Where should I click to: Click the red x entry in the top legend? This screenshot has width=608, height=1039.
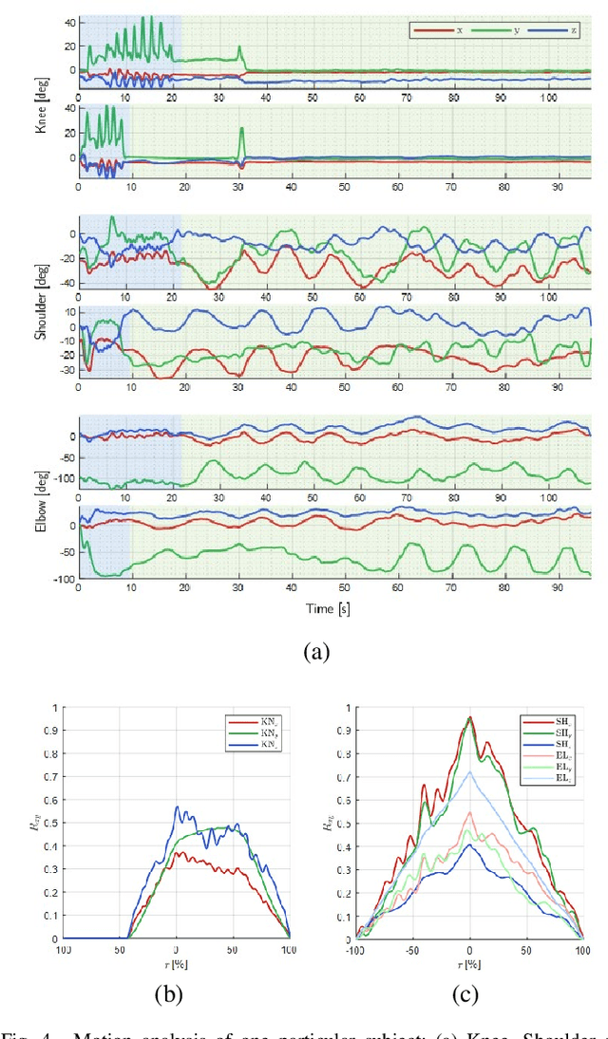coord(439,30)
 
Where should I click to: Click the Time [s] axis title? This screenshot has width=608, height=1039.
coord(329,608)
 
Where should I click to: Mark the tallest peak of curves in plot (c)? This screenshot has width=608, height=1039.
coord(470,717)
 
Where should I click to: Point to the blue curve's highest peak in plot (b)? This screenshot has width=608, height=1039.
coord(176,807)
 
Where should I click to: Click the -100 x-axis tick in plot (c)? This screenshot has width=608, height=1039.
coord(354,949)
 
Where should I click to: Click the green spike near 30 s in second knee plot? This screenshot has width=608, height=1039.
coord(241,129)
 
